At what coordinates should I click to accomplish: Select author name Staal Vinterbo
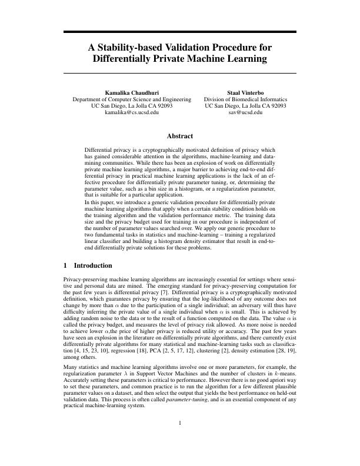coord(245,92)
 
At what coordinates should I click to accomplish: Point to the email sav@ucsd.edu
coord(245,112)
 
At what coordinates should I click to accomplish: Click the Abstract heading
coord(180,136)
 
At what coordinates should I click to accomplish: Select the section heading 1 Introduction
coord(86,265)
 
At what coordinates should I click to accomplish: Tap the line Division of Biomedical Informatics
coord(245,99)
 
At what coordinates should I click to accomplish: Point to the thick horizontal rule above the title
coord(180,31)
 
